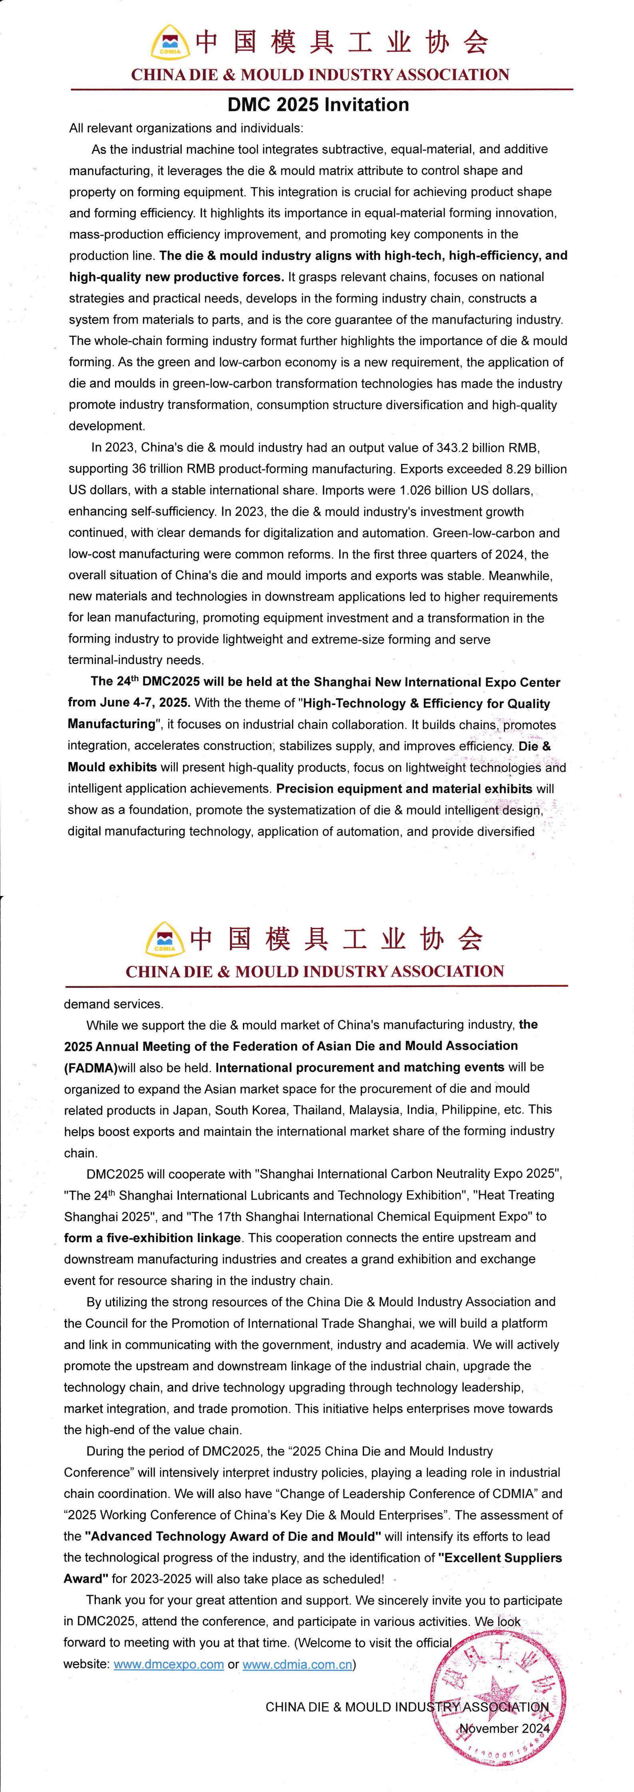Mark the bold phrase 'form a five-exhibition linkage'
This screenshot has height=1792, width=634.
[153, 1237]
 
